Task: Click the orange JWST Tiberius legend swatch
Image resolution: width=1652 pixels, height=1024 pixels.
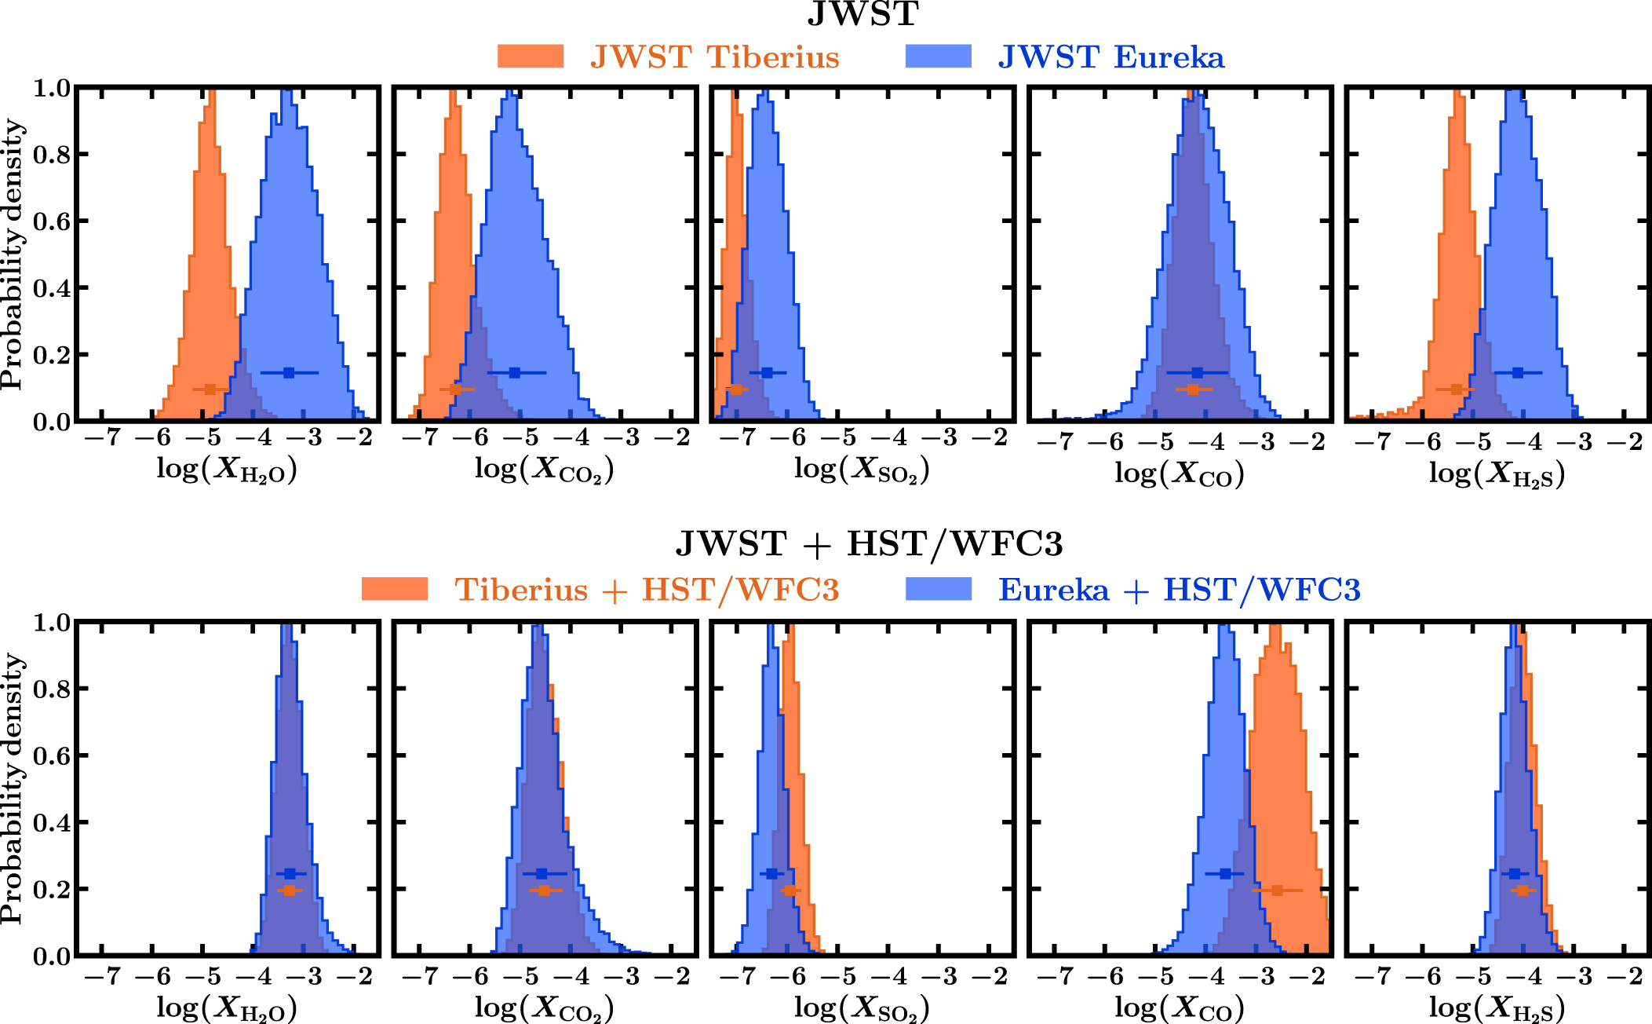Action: pyautogui.click(x=531, y=57)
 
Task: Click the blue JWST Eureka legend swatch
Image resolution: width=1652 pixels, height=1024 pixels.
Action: pyautogui.click(x=938, y=57)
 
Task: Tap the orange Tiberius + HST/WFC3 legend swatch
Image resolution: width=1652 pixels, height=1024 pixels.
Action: pyautogui.click(x=395, y=589)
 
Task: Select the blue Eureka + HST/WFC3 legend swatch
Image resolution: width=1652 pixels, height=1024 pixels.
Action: pyautogui.click(x=938, y=589)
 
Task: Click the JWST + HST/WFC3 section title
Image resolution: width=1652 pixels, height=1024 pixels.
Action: pyautogui.click(x=869, y=543)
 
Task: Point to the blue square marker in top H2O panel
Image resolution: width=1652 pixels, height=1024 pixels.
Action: pyautogui.click(x=289, y=373)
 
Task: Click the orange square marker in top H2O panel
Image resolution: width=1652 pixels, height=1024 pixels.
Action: pyautogui.click(x=210, y=389)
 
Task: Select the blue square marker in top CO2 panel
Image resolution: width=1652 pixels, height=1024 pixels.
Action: pyautogui.click(x=515, y=373)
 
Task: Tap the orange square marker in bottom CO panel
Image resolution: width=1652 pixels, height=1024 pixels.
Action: pyautogui.click(x=1277, y=891)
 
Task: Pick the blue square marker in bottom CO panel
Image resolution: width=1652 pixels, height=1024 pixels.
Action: pyautogui.click(x=1225, y=873)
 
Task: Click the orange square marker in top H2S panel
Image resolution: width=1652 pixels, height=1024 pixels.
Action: pyautogui.click(x=1457, y=389)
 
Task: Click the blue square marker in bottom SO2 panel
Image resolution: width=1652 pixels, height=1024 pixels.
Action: pyautogui.click(x=772, y=873)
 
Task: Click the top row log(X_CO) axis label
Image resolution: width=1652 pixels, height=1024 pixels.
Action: pyautogui.click(x=1180, y=474)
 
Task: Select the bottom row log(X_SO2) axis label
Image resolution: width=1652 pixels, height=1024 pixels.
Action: pyautogui.click(x=862, y=1008)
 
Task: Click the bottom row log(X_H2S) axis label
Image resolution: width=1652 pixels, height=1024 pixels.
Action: pyautogui.click(x=1497, y=1008)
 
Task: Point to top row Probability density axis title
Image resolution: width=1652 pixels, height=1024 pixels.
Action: pyautogui.click(x=13, y=254)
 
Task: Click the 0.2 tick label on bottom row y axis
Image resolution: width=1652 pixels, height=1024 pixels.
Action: pyautogui.click(x=50, y=890)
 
